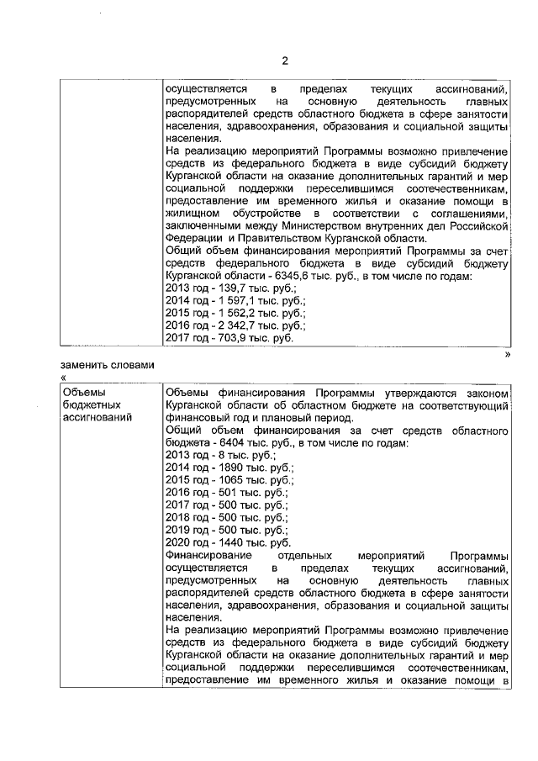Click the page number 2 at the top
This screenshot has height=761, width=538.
(284, 61)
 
